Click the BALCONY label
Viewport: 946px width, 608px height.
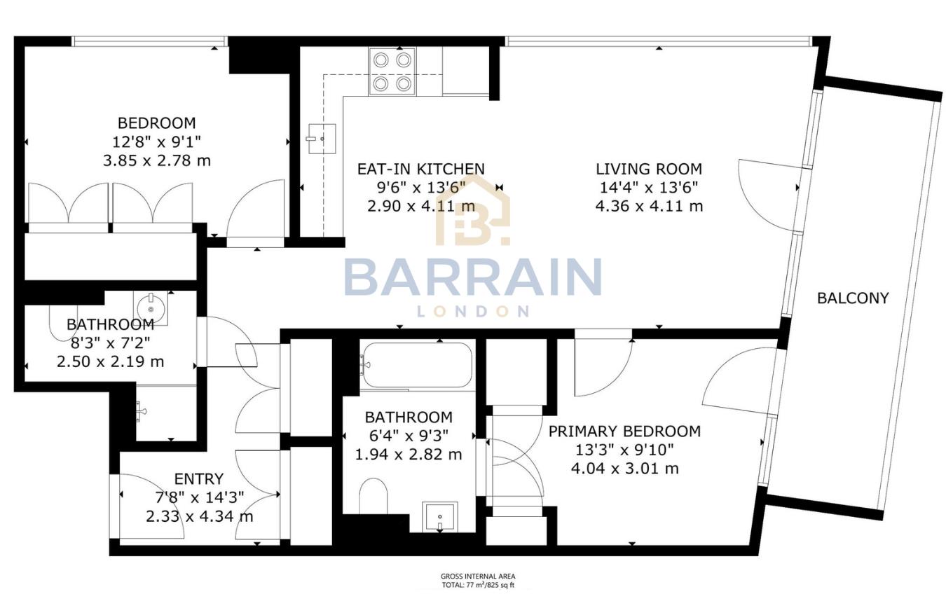coord(853,298)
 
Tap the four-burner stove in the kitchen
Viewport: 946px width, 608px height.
coord(392,71)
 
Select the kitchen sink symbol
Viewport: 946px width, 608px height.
coord(322,139)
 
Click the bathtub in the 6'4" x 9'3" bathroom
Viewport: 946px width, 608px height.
coord(416,364)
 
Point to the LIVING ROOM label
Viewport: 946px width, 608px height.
coord(649,169)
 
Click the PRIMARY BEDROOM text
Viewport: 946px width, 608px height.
coord(624,431)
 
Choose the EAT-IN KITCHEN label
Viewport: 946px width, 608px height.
coord(420,169)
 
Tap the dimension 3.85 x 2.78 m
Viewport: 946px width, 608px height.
coord(156,160)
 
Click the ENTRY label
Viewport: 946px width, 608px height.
coord(199,479)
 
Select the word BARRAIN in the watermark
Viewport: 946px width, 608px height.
coord(473,278)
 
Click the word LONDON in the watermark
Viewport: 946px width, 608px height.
coord(473,311)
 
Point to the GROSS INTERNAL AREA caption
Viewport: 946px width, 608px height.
coord(478,575)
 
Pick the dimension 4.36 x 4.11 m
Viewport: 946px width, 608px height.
coord(649,207)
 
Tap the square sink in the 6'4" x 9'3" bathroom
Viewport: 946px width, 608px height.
coord(439,517)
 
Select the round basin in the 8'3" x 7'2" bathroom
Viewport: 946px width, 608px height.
coord(150,306)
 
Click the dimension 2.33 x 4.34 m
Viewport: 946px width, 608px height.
coord(199,517)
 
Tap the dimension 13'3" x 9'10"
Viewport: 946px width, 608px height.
coord(624,450)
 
